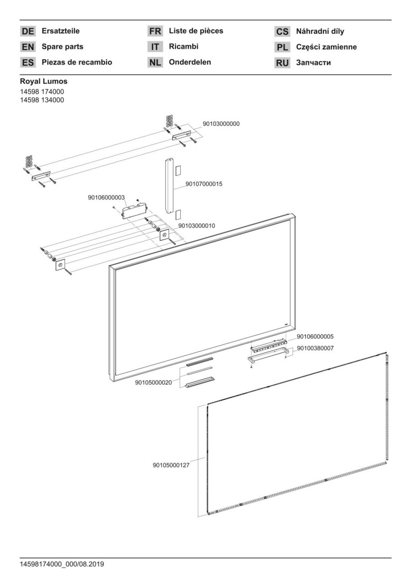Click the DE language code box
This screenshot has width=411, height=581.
[28, 31]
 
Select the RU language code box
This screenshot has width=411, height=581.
[282, 62]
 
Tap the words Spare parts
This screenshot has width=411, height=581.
[62, 47]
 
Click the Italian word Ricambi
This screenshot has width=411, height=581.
[183, 46]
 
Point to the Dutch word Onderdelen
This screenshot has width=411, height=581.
[190, 62]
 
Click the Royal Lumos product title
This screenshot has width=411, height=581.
[44, 81]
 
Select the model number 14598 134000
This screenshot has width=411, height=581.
[42, 100]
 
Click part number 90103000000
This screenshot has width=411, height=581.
[221, 124]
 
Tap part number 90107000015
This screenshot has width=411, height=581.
[204, 184]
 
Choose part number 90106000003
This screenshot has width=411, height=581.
[107, 197]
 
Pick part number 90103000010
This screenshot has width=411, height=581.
[196, 225]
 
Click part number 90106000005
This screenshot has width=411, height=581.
[315, 337]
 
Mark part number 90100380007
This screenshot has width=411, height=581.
[315, 348]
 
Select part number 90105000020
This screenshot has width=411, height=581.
[153, 383]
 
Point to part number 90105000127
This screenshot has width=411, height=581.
[171, 465]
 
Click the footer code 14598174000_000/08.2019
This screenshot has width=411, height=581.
[62, 564]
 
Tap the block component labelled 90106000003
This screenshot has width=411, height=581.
[133, 210]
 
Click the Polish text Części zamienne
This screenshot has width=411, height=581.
[326, 47]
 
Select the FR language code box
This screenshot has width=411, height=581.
[155, 31]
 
